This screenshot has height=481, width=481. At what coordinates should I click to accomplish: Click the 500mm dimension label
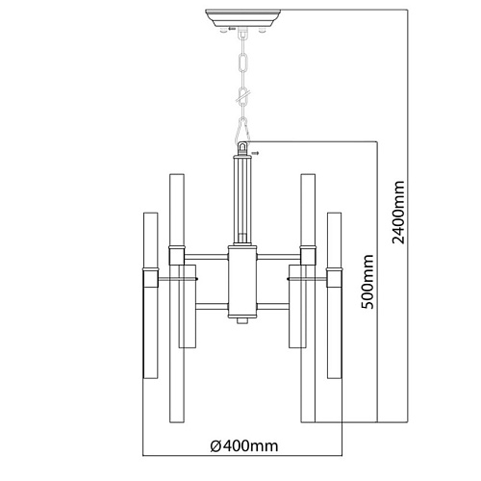[x=367, y=281]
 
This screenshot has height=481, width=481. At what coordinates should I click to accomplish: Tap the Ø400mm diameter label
[x=244, y=445]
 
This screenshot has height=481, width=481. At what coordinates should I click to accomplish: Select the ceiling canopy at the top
[x=242, y=18]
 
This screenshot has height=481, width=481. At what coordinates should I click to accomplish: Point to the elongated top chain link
[x=243, y=63]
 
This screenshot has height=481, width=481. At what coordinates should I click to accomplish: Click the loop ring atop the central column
[x=242, y=148]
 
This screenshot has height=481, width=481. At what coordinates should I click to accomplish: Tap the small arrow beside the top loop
[x=255, y=153]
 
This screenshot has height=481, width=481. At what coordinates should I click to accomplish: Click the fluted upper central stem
[x=242, y=200]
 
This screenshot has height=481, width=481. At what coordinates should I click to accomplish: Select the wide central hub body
[x=242, y=282]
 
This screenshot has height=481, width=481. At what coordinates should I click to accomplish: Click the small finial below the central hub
[x=242, y=320]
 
